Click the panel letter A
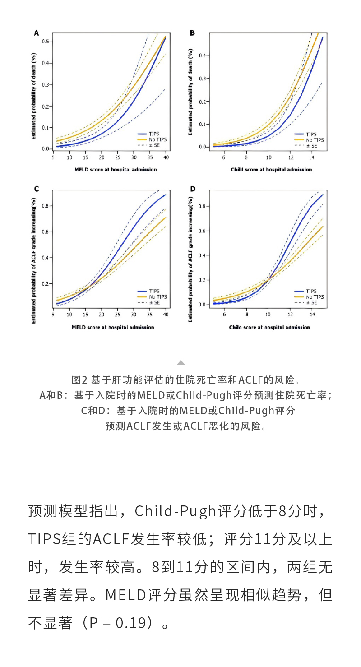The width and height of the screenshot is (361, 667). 37,33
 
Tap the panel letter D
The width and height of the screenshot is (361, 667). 193,188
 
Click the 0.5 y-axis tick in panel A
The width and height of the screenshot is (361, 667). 46,42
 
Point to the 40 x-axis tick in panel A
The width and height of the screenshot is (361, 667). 166,157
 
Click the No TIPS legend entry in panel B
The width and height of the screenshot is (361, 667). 315,140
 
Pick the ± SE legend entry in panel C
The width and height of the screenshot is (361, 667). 154,302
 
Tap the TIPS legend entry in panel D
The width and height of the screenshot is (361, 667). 311,292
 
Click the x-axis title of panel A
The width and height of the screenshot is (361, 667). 109,170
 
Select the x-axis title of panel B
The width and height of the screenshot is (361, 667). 271,170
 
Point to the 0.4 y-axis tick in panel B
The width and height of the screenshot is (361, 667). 202,56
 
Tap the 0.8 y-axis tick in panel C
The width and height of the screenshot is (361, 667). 46,206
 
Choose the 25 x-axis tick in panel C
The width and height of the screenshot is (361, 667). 118,314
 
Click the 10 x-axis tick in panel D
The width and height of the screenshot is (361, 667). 268,314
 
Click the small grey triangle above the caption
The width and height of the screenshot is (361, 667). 180,363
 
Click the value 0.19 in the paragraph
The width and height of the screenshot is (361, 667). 130,623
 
